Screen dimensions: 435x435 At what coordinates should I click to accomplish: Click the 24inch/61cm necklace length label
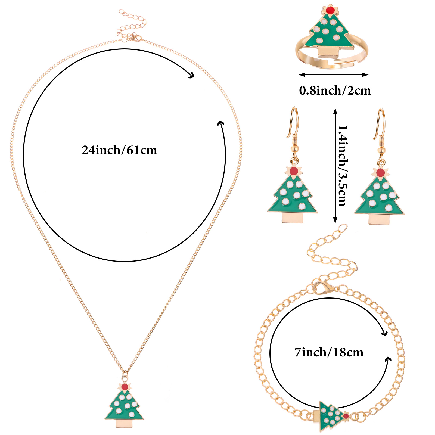[119, 150]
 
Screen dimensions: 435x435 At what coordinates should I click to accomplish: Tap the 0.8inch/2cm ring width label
[335, 91]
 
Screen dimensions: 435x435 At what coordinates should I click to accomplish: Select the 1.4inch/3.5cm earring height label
[343, 166]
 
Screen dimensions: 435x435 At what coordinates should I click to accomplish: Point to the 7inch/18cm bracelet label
[329, 352]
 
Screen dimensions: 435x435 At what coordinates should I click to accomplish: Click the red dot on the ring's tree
[330, 10]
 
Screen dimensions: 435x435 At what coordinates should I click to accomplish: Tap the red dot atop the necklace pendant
[125, 387]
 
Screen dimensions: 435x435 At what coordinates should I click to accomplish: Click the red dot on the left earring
[294, 171]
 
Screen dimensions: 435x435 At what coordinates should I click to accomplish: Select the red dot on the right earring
[381, 172]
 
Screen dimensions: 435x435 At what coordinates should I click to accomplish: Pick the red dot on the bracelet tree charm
[346, 416]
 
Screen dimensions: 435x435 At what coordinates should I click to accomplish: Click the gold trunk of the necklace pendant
[124, 423]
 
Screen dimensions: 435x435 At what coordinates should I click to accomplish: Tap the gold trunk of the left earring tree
[292, 218]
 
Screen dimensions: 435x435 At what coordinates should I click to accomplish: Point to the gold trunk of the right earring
[379, 219]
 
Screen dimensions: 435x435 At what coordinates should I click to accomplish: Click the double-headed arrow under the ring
[334, 75]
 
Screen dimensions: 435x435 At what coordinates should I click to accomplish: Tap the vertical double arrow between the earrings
[335, 166]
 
